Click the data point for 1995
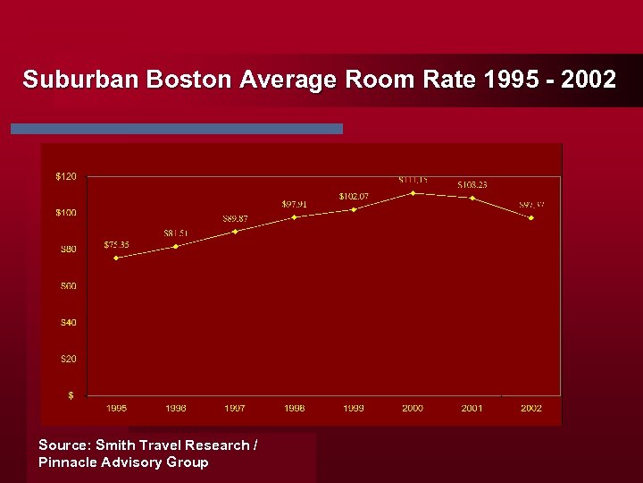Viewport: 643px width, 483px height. (x=116, y=258)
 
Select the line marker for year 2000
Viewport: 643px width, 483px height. (x=413, y=192)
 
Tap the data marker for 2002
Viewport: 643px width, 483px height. (x=531, y=217)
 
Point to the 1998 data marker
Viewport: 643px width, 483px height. (x=294, y=216)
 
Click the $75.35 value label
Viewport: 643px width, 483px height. (x=117, y=244)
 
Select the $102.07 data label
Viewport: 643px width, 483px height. (x=354, y=196)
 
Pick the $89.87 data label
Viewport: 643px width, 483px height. (x=236, y=219)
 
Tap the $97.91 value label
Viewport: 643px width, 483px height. (x=295, y=204)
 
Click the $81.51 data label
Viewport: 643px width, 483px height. (x=176, y=233)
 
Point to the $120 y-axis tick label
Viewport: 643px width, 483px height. (x=66, y=176)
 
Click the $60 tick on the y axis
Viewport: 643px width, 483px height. (x=68, y=286)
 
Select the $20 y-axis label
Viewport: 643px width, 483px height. (x=68, y=359)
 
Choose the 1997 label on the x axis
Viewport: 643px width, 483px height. (x=235, y=408)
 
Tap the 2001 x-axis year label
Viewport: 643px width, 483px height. (x=472, y=408)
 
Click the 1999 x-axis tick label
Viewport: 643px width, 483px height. (x=354, y=408)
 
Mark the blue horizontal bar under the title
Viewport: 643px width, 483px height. (x=177, y=129)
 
